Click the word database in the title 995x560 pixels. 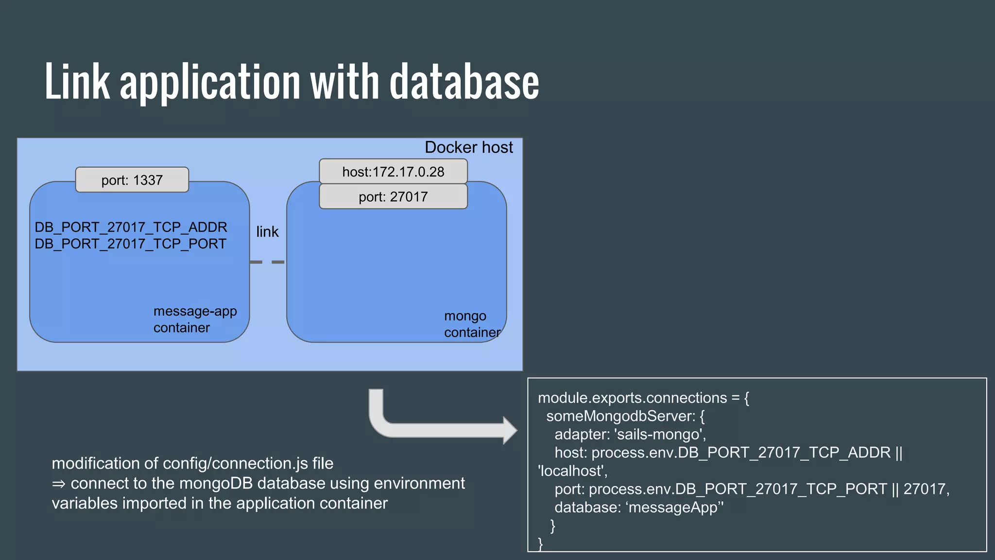pyautogui.click(x=464, y=83)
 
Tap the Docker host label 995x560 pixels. pyautogui.click(x=468, y=147)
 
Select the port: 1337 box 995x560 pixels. pyautogui.click(x=132, y=180)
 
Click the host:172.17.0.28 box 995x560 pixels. pyautogui.click(x=393, y=172)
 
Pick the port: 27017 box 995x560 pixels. pyautogui.click(x=393, y=197)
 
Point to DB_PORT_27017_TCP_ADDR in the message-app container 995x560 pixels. pyautogui.click(x=131, y=227)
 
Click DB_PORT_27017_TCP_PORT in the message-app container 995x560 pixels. pyautogui.click(x=130, y=244)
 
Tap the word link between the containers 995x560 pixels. pyautogui.click(x=267, y=232)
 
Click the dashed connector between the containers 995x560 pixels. pyautogui.click(x=267, y=262)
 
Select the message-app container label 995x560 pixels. pyautogui.click(x=195, y=319)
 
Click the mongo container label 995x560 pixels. pyautogui.click(x=471, y=324)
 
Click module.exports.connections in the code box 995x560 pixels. pyautogui.click(x=632, y=398)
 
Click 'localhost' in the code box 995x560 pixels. pyautogui.click(x=571, y=471)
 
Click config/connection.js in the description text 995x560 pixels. pyautogui.click(x=235, y=463)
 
